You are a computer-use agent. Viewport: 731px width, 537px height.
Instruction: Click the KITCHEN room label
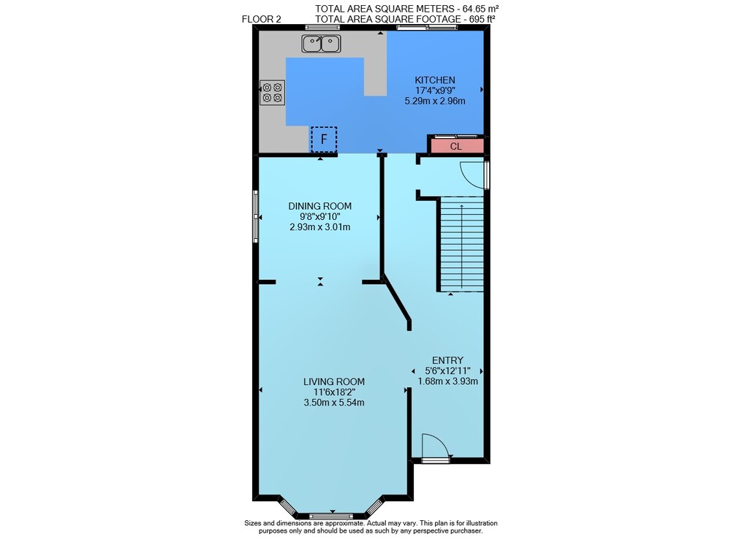click(435, 80)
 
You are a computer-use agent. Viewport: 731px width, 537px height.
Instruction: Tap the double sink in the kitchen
click(321, 44)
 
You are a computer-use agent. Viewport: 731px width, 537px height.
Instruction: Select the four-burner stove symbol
click(272, 92)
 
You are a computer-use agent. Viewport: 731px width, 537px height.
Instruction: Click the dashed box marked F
click(324, 140)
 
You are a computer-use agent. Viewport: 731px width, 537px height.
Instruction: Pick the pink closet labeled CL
click(456, 146)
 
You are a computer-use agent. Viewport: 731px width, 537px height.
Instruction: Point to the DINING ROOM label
click(320, 206)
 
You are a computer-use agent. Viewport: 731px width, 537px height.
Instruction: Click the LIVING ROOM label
click(334, 382)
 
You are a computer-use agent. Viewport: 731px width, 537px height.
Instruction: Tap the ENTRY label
click(447, 360)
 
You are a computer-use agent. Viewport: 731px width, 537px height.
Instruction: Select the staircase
click(461, 244)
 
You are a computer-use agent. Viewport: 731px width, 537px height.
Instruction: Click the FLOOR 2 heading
click(262, 19)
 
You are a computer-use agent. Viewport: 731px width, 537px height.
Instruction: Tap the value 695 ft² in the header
click(480, 19)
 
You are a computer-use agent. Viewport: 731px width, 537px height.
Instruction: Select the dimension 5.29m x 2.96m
click(435, 101)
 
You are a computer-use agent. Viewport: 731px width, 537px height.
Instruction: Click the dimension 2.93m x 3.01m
click(320, 227)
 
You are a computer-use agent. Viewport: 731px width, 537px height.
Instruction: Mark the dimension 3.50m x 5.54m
click(334, 403)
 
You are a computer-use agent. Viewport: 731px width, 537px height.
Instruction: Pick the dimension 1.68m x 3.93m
click(447, 381)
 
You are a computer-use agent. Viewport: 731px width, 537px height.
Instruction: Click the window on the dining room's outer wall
click(255, 216)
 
